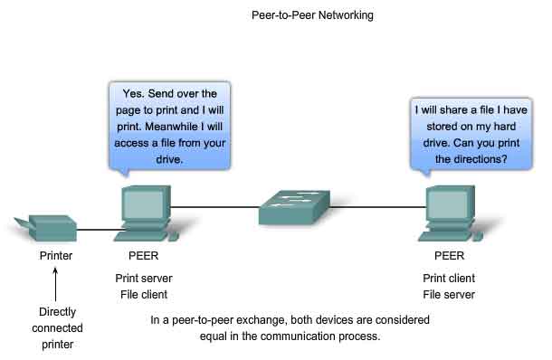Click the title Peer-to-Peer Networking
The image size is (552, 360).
click(312, 15)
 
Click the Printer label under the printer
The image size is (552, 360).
click(55, 256)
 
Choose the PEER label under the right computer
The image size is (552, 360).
click(449, 256)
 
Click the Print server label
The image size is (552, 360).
click(145, 279)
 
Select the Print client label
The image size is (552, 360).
click(449, 279)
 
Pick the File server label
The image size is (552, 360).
click(449, 295)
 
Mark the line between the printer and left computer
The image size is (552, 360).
click(96, 229)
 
